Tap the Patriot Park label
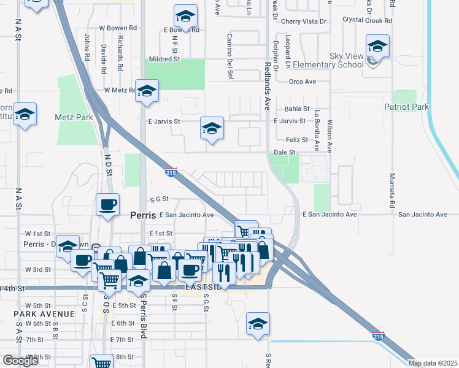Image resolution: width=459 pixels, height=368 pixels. [407, 107]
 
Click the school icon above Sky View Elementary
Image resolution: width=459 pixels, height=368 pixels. [377, 47]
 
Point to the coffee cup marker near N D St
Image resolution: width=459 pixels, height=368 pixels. [108, 205]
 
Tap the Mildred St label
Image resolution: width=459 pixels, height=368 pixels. [163, 59]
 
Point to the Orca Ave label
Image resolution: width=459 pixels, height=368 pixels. [303, 81]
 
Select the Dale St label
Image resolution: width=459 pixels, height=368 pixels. [284, 152]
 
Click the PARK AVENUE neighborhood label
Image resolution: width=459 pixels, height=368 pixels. [45, 313]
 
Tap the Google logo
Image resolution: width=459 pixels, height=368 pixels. [20, 361]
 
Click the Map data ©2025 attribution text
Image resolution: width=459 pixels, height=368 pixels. [432, 363]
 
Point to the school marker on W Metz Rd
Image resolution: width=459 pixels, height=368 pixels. [147, 92]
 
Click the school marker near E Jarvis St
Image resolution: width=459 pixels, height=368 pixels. [212, 128]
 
